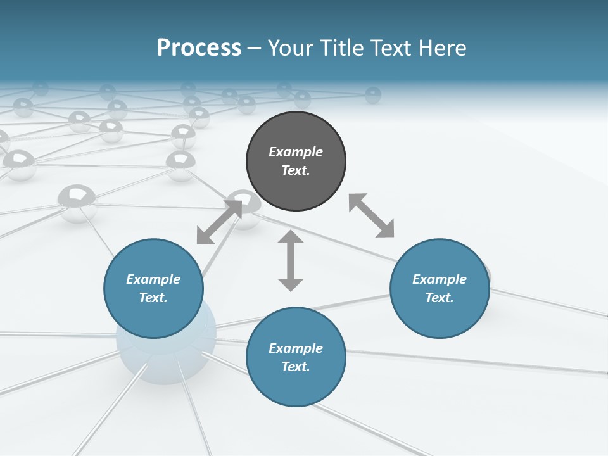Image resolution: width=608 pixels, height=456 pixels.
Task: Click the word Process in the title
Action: click(199, 48)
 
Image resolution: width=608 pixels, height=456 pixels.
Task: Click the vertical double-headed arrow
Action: click(291, 260)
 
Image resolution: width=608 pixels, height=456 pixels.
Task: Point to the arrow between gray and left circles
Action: click(219, 222)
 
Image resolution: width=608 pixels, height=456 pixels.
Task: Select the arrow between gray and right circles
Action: click(372, 215)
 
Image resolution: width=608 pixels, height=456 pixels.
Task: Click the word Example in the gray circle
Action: click(296, 152)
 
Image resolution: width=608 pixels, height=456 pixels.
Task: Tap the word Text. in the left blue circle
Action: click(153, 298)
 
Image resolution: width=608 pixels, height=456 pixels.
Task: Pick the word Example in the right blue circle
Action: click(440, 279)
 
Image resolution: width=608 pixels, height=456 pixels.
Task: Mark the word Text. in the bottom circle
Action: click(296, 367)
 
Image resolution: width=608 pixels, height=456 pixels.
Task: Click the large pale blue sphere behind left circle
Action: click(166, 361)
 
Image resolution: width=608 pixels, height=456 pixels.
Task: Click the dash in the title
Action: click(255, 48)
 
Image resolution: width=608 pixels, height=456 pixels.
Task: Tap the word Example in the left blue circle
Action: click(153, 279)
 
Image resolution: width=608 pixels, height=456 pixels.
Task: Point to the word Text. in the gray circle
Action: click(296, 170)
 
